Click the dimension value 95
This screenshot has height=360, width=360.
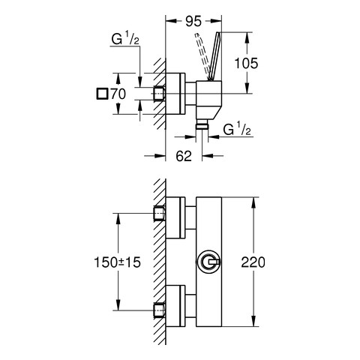click(x=193, y=21)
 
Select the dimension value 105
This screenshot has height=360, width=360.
click(x=246, y=63)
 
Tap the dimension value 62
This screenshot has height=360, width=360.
click(x=184, y=156)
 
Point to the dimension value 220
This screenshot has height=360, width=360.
click(x=253, y=262)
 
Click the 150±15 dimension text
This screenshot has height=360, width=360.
click(x=117, y=262)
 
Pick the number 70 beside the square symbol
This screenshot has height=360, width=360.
click(x=118, y=94)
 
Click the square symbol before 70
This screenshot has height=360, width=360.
click(x=102, y=94)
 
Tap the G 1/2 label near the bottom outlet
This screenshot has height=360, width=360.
click(x=236, y=129)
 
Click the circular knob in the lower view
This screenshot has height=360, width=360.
click(x=208, y=262)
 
